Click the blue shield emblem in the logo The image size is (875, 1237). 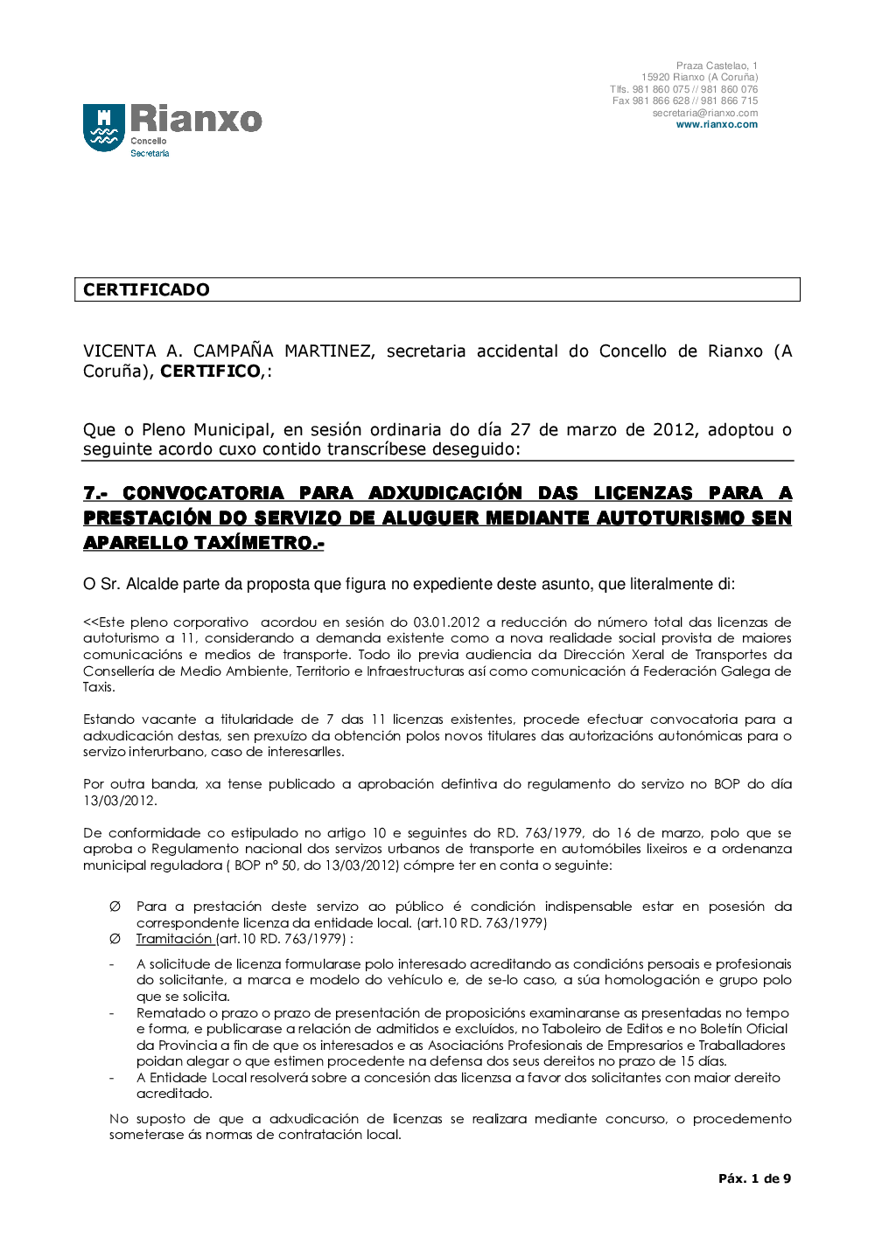pyautogui.click(x=104, y=128)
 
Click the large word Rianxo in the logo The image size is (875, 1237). pyautogui.click(x=196, y=119)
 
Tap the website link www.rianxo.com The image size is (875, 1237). pyautogui.click(x=717, y=125)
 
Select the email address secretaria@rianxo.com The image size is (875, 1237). pyautogui.click(x=704, y=113)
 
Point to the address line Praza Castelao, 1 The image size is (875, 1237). pyautogui.click(x=717, y=66)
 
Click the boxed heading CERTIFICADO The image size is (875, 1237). pyautogui.click(x=146, y=289)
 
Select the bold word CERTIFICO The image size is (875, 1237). pyautogui.click(x=210, y=372)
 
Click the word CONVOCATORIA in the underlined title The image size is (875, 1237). pyautogui.click(x=203, y=493)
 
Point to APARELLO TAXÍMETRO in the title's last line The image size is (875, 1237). pyautogui.click(x=203, y=543)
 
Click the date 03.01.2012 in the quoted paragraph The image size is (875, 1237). pyautogui.click(x=446, y=622)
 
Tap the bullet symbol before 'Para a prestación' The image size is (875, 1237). pyautogui.click(x=115, y=907)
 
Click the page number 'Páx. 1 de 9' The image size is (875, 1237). pyautogui.click(x=754, y=1178)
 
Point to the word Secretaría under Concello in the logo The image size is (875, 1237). pyautogui.click(x=150, y=154)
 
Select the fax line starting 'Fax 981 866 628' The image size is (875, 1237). pyautogui.click(x=685, y=101)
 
